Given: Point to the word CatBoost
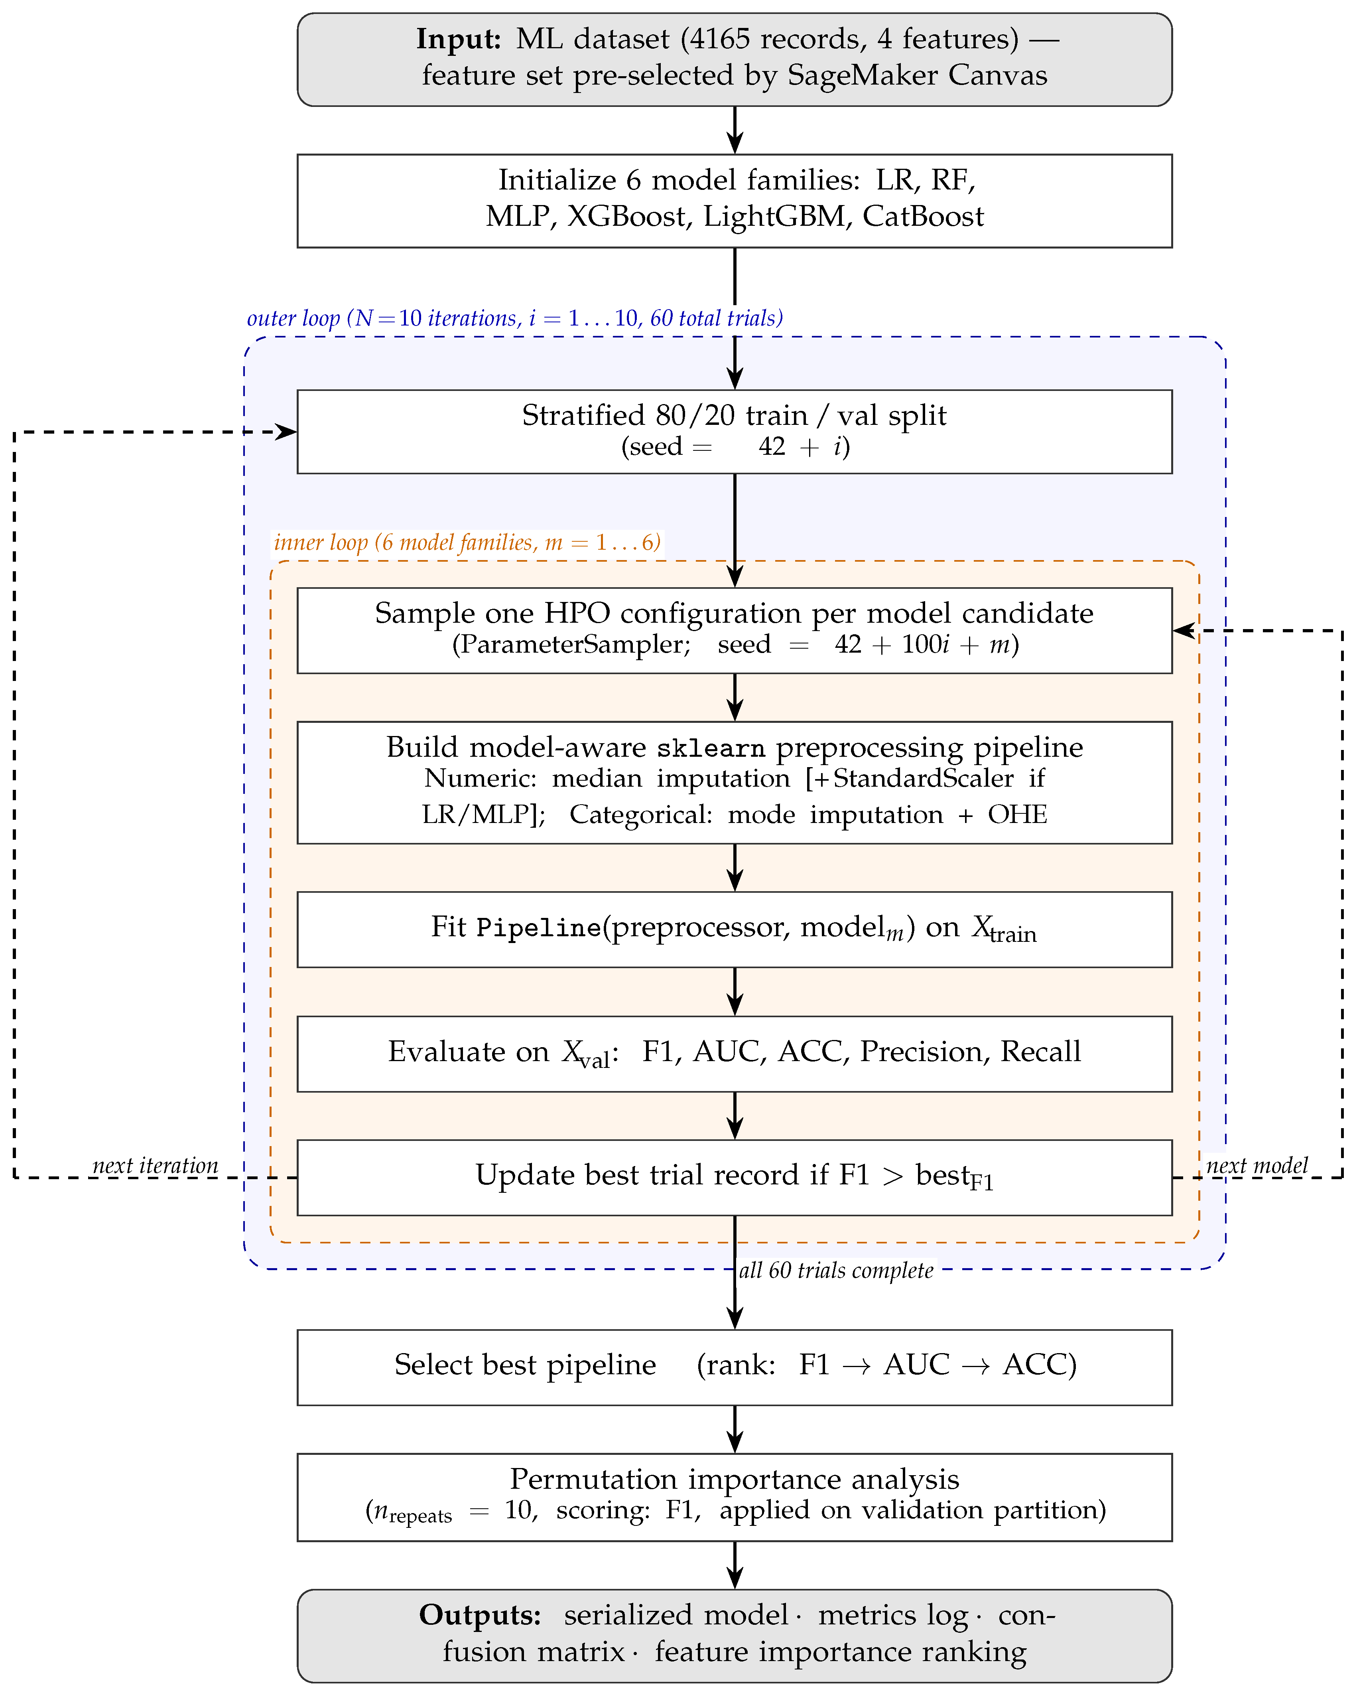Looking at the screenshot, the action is [923, 216].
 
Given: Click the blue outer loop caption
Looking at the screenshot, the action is [515, 318].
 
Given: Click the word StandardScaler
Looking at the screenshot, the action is [923, 778].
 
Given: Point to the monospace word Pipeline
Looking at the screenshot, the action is [539, 928].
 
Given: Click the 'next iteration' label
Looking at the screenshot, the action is [156, 1165].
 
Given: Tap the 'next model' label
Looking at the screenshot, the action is [1257, 1165].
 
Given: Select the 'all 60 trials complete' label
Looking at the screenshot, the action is [836, 1271].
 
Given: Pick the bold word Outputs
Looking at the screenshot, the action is [481, 1615].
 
